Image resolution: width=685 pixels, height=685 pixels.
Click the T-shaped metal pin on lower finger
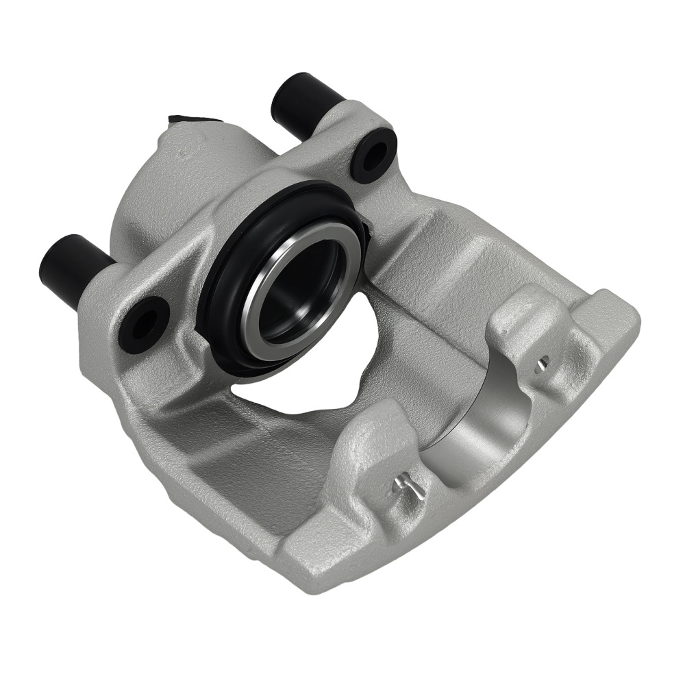[x=408, y=486]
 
